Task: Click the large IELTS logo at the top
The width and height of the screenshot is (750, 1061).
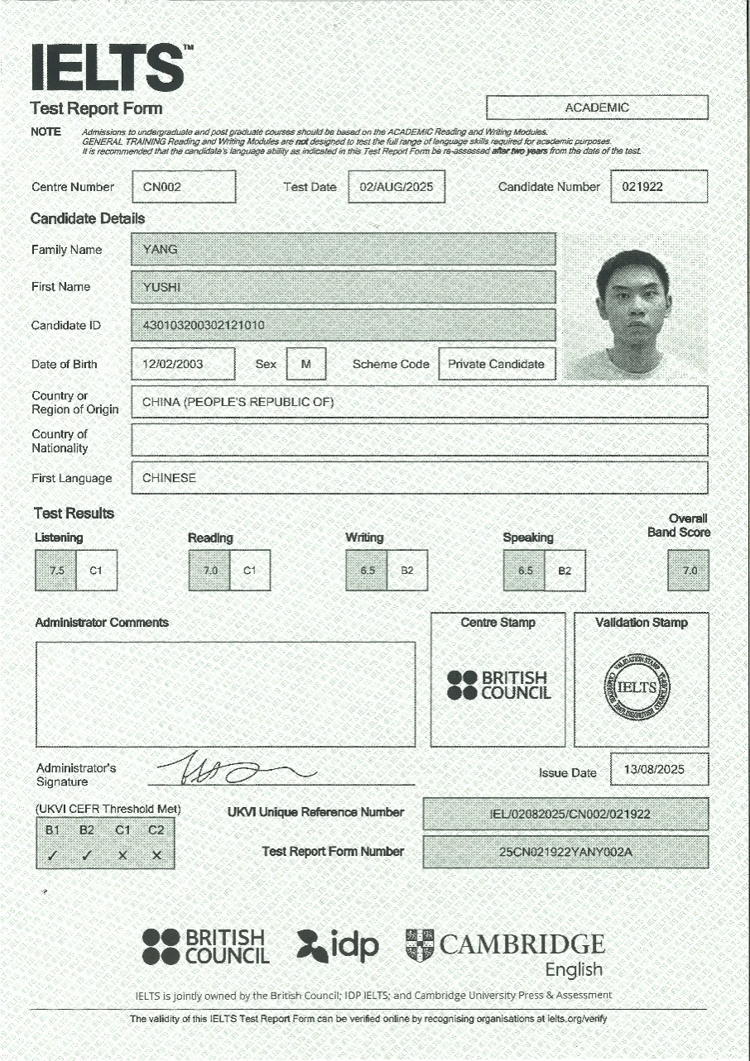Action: [108, 67]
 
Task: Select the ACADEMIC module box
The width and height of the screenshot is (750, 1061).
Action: [597, 108]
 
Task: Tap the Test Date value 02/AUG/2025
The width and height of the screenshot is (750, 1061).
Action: [397, 187]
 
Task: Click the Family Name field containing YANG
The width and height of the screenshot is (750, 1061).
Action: [344, 250]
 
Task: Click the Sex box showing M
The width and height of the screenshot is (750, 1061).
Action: [306, 364]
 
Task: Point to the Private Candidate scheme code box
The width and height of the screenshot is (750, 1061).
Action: [496, 364]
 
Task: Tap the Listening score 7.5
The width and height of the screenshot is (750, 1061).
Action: [56, 571]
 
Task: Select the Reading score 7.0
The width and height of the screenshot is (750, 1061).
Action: [209, 571]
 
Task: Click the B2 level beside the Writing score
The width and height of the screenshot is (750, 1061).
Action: [407, 571]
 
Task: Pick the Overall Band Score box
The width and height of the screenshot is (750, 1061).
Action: [689, 571]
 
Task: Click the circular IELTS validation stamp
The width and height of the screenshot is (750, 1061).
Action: [637, 687]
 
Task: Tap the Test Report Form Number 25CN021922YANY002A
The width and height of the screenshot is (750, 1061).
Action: [565, 853]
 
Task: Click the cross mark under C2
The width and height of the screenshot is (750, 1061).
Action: [156, 856]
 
